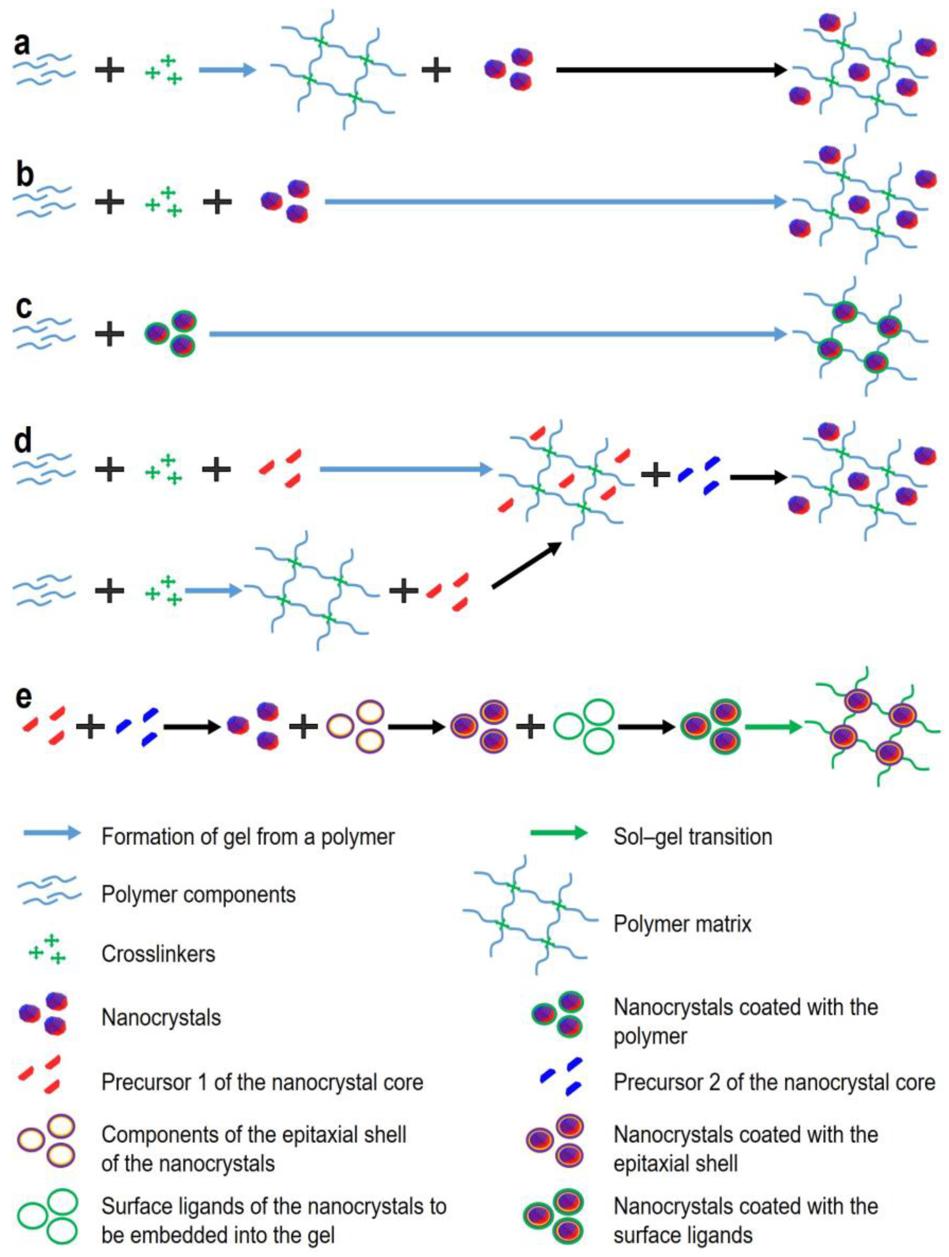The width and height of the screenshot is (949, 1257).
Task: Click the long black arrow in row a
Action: [671, 70]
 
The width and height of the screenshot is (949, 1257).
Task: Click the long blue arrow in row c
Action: [497, 334]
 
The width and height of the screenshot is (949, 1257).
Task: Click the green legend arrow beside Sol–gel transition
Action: [558, 834]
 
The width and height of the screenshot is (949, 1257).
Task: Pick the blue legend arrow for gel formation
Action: [52, 834]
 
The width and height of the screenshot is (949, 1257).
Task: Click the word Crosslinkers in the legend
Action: [158, 954]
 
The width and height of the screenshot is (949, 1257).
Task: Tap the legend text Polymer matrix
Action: [682, 924]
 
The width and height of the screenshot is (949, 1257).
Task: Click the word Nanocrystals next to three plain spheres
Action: [161, 1017]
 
